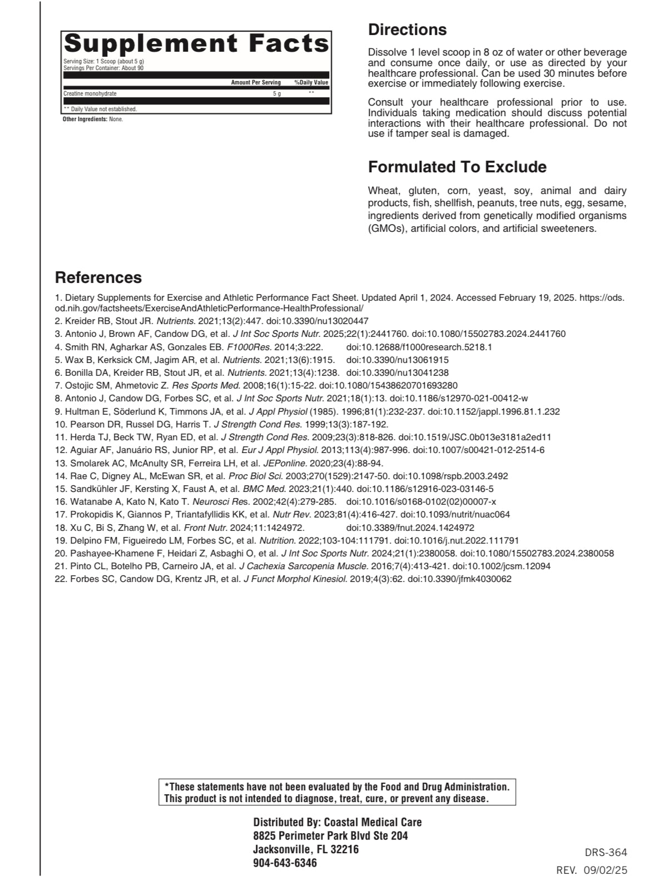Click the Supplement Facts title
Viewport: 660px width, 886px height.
click(197, 44)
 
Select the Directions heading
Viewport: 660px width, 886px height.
click(407, 29)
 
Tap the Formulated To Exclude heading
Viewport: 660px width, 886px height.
click(457, 167)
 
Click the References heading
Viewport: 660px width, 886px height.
click(98, 277)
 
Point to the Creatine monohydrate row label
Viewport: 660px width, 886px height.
click(90, 94)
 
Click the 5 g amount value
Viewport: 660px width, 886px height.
click(276, 94)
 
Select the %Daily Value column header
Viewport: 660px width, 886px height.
click(311, 83)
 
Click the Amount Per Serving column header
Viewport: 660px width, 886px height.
click(256, 83)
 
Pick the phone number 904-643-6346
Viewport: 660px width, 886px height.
click(285, 863)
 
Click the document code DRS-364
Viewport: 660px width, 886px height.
click(606, 852)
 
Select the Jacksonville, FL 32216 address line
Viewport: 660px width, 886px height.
click(306, 849)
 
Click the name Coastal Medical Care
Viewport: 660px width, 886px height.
click(373, 822)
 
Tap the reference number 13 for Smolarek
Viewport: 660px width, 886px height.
click(60, 463)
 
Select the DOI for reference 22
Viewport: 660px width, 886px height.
click(459, 579)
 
